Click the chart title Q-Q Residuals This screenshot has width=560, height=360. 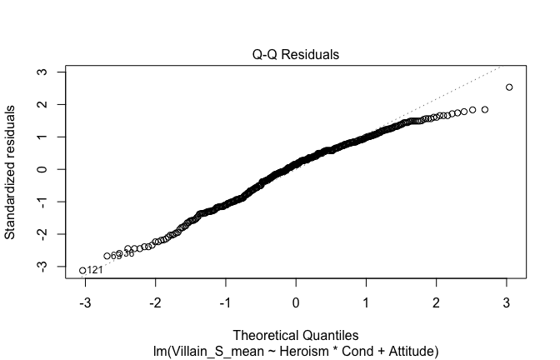click(x=297, y=55)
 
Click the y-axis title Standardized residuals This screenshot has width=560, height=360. click(x=12, y=172)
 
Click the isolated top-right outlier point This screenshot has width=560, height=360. click(x=509, y=87)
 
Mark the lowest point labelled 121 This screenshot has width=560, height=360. click(x=82, y=270)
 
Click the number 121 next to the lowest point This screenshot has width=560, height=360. click(x=95, y=270)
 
